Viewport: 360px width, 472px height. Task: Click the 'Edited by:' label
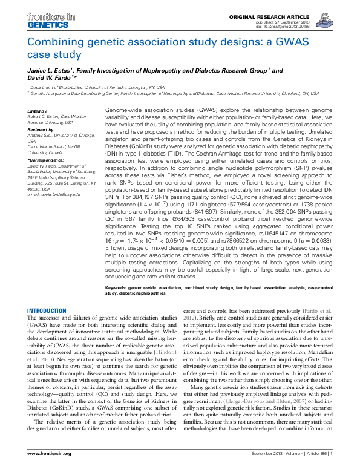click(38, 111)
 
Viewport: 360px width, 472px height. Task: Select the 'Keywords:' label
click(117, 287)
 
